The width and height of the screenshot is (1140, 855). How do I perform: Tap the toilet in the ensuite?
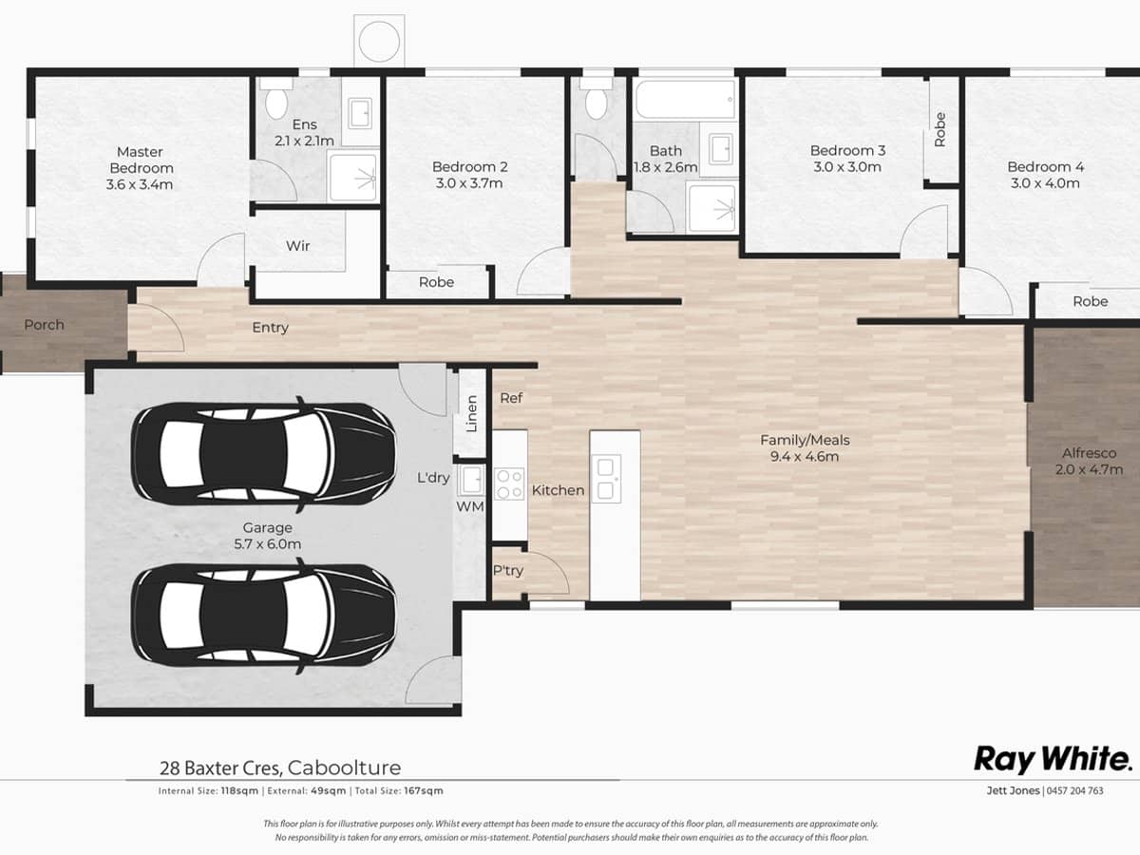[x=277, y=100]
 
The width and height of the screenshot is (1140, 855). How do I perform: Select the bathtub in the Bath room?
[x=685, y=99]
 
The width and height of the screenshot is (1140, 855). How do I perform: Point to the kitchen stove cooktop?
[x=509, y=484]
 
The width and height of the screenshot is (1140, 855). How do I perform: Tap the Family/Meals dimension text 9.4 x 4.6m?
[x=805, y=457]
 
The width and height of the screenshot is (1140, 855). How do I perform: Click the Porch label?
[x=44, y=325]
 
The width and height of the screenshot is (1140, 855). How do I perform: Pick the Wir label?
[x=298, y=246]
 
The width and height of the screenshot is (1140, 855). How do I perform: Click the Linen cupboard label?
[x=472, y=414]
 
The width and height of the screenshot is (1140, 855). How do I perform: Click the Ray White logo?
[x=1053, y=759]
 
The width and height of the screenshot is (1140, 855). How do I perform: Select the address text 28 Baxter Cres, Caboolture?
[x=279, y=768]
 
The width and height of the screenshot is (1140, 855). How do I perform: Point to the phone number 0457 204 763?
[x=1075, y=790]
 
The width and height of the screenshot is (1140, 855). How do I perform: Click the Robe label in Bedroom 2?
[x=436, y=282]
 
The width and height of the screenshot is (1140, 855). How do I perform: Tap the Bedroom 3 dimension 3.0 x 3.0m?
[x=847, y=167]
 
